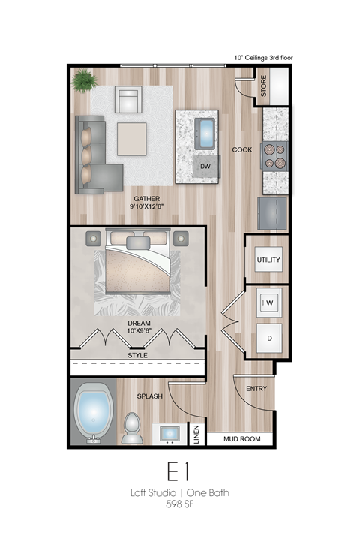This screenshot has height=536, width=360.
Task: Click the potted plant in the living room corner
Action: [85, 79]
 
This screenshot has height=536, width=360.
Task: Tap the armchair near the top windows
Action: [128, 99]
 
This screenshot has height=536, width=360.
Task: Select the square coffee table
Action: [132, 138]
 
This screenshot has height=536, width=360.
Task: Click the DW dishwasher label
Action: [205, 167]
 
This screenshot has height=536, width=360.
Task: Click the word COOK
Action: [242, 149]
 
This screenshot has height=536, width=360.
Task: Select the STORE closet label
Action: [264, 86]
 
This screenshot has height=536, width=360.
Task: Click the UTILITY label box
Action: [268, 260]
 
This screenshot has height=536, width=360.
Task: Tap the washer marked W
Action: [268, 303]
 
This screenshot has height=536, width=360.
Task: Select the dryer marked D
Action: [268, 339]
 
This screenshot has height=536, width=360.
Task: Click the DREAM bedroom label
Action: [139, 323]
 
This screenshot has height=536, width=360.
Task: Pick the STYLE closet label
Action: [137, 355]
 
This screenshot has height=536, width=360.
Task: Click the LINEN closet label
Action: [196, 434]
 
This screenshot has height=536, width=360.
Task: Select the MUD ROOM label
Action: [239, 439]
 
